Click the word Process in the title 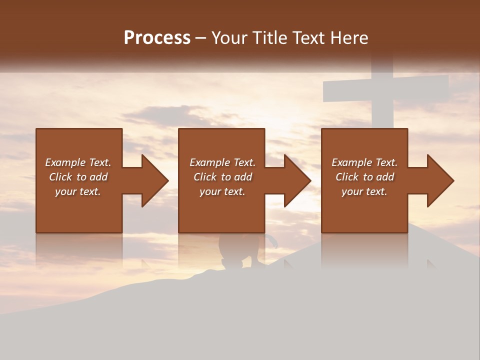tap(157, 38)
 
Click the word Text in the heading tap(307, 38)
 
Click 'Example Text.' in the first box tap(78, 162)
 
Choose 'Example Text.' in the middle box tap(222, 162)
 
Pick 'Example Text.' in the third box tap(364, 162)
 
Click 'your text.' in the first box tap(78, 191)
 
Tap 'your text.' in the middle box tap(222, 191)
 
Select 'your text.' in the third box tap(364, 191)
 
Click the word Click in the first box tap(61, 177)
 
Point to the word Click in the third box tap(347, 177)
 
